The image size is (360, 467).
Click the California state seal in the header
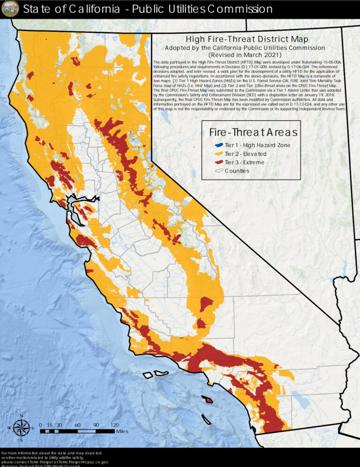pyautogui.click(x=10, y=8)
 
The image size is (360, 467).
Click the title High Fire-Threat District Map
pyautogui.click(x=247, y=40)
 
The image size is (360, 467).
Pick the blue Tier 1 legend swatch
pyautogui.click(x=217, y=145)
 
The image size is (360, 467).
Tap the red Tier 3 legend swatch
pyautogui.click(x=217, y=163)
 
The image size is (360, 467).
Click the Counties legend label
pyautogui.click(x=237, y=171)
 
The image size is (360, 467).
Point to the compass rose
pyautogui.click(x=21, y=427)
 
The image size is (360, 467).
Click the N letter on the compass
pyautogui.click(x=21, y=415)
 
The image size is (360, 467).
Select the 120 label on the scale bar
pyautogui.click(x=114, y=425)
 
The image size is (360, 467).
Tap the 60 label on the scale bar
pyautogui.click(x=77, y=425)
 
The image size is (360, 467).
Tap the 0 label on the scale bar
pyautogui.click(x=40, y=425)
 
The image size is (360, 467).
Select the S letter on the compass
pyautogui.click(x=21, y=440)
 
